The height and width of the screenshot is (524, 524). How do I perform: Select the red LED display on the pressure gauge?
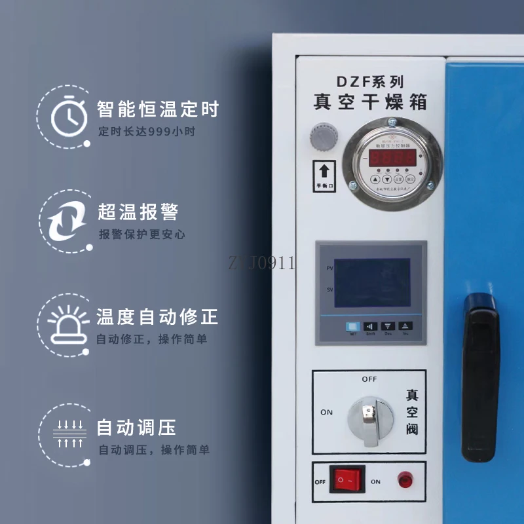[x=392, y=158]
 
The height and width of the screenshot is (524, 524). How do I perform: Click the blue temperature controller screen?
[x=372, y=282]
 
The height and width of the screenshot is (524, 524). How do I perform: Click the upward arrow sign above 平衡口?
[x=323, y=172]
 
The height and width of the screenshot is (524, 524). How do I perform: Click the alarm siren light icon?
[x=68, y=323]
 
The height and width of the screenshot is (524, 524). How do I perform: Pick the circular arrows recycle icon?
[x=68, y=219]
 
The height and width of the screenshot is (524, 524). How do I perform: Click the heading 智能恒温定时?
[x=157, y=109]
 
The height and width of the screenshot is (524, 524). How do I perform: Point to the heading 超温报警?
[x=138, y=212]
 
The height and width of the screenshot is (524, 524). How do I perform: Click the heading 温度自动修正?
[x=157, y=318]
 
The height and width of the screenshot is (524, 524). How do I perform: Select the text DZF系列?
[x=370, y=82]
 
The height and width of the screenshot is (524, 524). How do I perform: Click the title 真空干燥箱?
[x=371, y=103]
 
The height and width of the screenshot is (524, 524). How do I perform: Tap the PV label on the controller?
[x=329, y=269]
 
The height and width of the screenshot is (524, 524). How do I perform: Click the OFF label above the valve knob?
[x=369, y=379]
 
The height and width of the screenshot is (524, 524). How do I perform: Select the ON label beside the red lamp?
[x=375, y=481]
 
